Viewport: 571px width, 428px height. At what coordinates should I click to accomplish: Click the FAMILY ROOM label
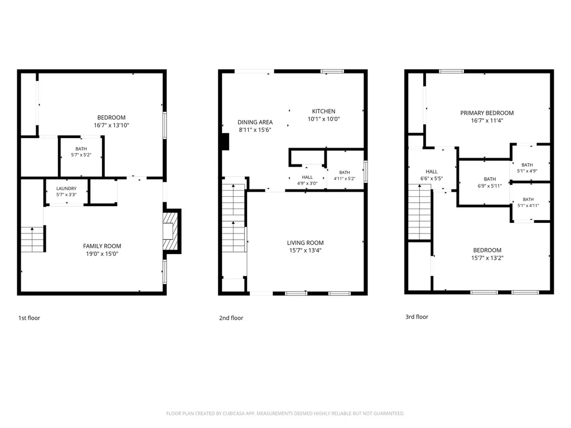[102, 246]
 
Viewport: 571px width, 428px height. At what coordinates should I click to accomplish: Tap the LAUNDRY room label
[66, 188]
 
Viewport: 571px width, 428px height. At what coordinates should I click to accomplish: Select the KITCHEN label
[324, 111]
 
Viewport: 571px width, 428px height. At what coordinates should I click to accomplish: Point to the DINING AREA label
[255, 122]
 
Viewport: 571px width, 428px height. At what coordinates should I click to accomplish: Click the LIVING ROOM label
[305, 243]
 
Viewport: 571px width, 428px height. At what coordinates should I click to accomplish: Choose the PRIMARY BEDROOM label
[487, 113]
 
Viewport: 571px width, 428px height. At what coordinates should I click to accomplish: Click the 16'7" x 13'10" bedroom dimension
[112, 125]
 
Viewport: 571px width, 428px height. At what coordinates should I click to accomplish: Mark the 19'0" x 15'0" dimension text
[102, 254]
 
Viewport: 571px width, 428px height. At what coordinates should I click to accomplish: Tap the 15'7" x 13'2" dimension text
[487, 257]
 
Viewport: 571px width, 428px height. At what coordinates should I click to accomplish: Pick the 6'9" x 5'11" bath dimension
[490, 186]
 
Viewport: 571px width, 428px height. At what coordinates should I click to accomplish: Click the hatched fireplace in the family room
[170, 231]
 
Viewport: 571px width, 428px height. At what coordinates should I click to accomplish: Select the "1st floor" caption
[29, 318]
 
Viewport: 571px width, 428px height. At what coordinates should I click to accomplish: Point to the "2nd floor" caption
[231, 318]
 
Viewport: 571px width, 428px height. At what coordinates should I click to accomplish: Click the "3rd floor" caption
[417, 317]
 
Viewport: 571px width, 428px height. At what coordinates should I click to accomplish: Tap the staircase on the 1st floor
[33, 239]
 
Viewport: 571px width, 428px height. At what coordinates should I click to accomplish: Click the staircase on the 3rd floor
[419, 212]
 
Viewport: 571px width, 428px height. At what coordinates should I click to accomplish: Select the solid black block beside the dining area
[225, 142]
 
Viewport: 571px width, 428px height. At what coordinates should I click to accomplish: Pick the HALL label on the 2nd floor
[307, 177]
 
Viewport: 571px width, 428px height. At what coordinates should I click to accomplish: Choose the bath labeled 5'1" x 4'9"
[527, 168]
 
